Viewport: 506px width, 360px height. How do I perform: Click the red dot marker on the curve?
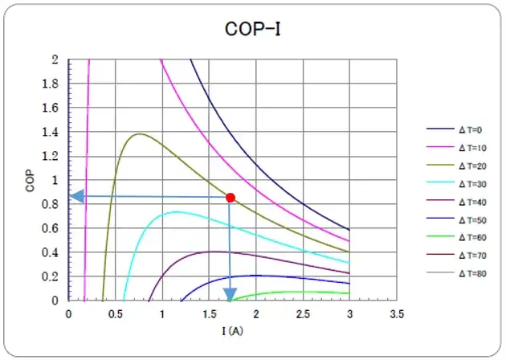(x=231, y=197)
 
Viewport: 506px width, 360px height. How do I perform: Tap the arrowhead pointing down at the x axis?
(x=231, y=293)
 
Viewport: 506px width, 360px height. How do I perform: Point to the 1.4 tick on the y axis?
(x=53, y=132)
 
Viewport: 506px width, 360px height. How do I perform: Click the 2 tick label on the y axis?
(x=55, y=59)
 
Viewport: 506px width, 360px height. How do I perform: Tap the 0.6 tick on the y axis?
(x=53, y=228)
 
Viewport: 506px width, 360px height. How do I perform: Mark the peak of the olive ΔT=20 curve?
(x=140, y=133)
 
